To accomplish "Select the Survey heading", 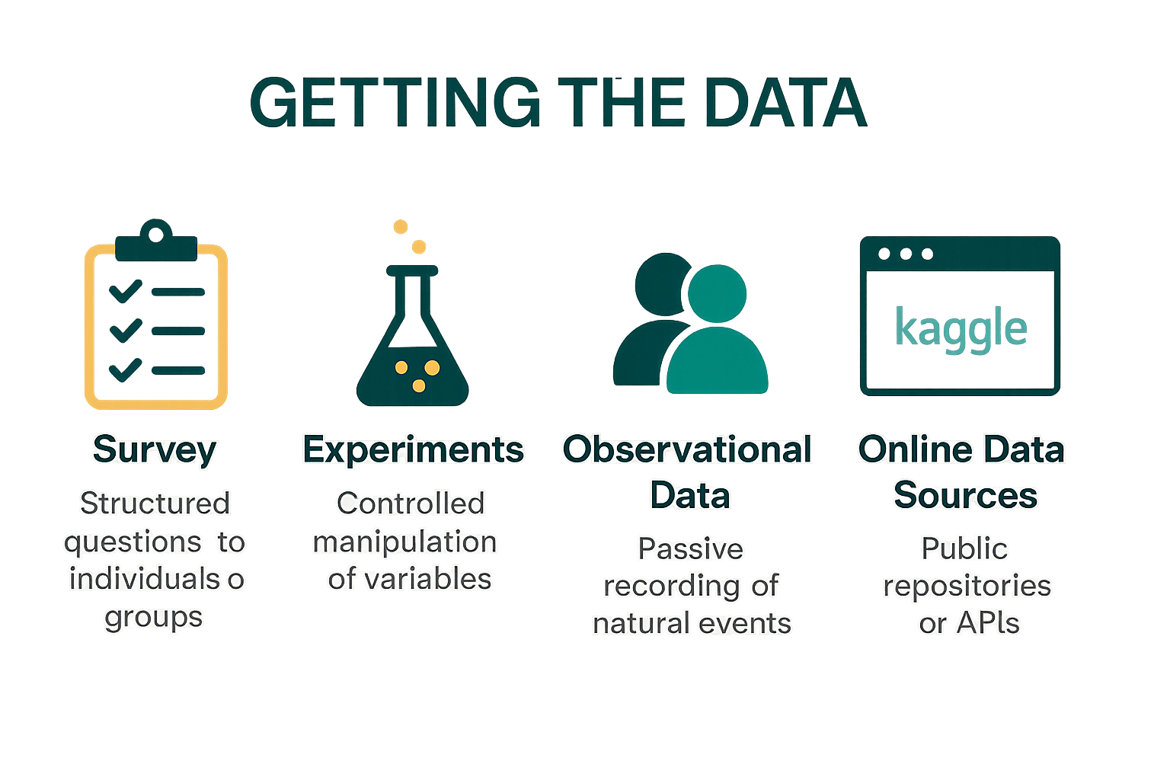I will point(155,449).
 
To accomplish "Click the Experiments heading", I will point(413,449).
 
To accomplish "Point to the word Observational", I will point(687,449).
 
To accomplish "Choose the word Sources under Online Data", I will point(965,495).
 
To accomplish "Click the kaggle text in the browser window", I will point(961,328).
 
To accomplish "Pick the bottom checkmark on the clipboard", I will point(126,369).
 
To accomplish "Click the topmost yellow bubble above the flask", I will point(400,226).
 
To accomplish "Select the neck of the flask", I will point(412,297).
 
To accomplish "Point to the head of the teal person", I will point(717,294).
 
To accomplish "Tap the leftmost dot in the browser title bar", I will point(884,254).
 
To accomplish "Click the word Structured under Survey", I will point(155,503).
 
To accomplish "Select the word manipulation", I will point(404,542).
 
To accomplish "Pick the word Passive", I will point(690,548).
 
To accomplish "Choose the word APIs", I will point(988,623).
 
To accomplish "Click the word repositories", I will point(967,586).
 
